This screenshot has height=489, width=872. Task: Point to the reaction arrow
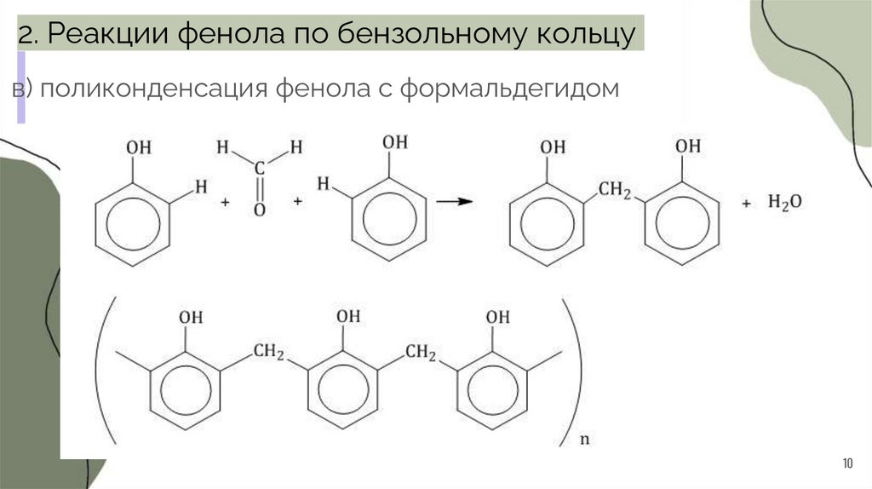pyautogui.click(x=455, y=201)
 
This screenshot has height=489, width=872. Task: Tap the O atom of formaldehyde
pyautogui.click(x=260, y=209)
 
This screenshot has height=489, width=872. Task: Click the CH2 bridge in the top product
pyautogui.click(x=614, y=190)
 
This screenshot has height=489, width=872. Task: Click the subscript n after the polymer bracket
pyautogui.click(x=583, y=440)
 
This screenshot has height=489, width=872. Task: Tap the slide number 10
pyautogui.click(x=846, y=463)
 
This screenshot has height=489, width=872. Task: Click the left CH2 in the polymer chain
pyautogui.click(x=269, y=350)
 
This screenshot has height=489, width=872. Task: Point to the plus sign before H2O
pyautogui.click(x=747, y=204)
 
